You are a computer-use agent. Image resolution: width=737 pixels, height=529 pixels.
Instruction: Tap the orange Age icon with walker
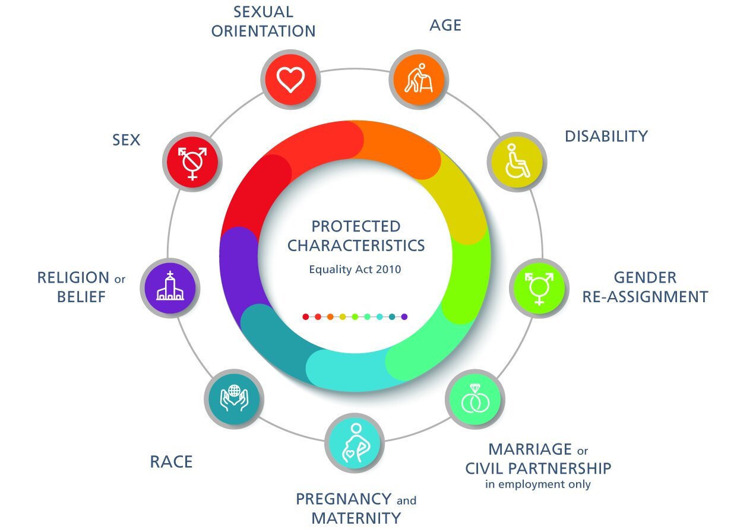tap(419, 78)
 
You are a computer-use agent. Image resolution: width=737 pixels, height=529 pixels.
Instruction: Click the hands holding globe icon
tap(233, 398)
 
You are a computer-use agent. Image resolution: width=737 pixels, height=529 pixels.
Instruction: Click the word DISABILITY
tap(606, 137)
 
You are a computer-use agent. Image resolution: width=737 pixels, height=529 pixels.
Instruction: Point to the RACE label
tap(171, 462)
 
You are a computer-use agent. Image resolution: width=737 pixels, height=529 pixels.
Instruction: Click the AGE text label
tap(445, 26)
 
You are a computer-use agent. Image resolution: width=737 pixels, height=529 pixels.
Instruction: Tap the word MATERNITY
tap(356, 518)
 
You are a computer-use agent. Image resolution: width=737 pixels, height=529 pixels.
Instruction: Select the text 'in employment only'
tap(538, 484)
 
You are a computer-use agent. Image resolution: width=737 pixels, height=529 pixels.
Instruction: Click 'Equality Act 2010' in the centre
tap(355, 270)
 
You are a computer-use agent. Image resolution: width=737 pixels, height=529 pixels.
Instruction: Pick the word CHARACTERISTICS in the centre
tap(356, 245)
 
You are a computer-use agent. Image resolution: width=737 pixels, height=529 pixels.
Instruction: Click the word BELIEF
tap(81, 296)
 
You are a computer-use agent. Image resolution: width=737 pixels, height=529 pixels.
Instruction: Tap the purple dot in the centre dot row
tap(404, 317)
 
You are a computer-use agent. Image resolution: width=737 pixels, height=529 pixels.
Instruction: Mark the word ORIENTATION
tap(263, 31)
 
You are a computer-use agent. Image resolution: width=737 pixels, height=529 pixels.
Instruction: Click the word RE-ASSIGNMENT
tap(645, 296)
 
